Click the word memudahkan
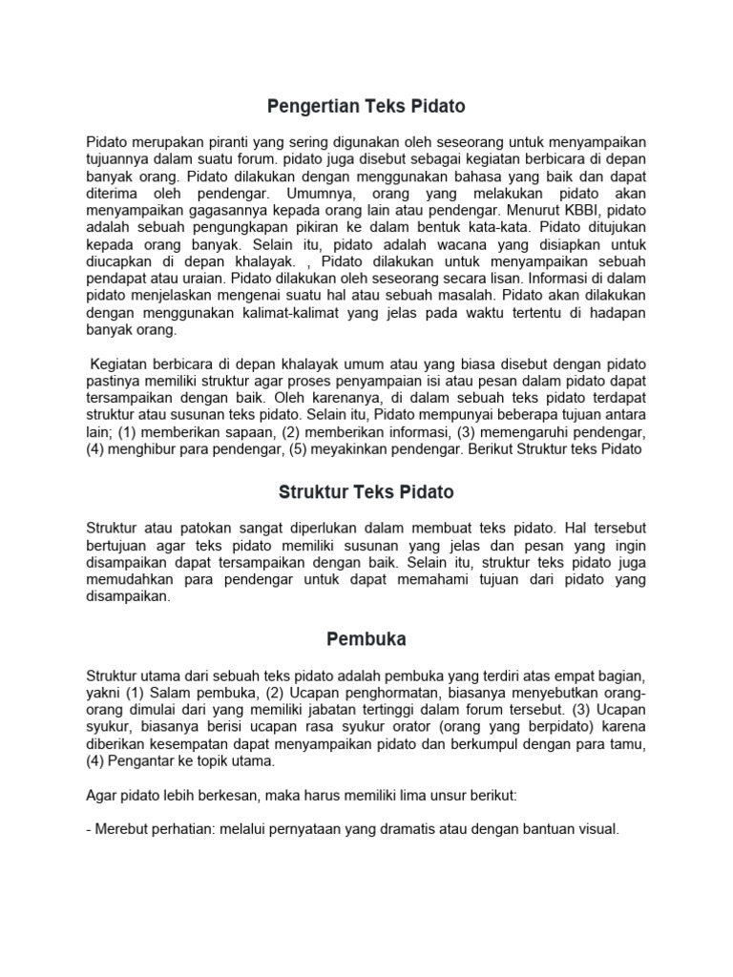[131, 579]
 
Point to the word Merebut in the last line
[123, 830]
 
